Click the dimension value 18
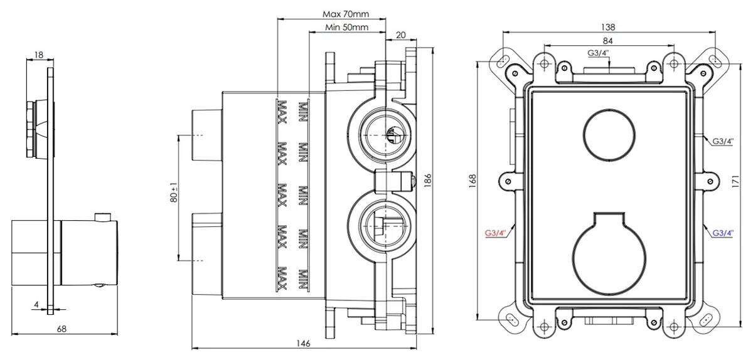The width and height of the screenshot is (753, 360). [39, 55]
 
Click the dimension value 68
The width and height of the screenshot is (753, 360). [61, 328]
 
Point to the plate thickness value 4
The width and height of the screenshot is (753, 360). [37, 305]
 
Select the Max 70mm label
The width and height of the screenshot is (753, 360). [346, 14]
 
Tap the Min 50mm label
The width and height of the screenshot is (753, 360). [347, 27]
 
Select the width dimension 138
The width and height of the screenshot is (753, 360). [607, 27]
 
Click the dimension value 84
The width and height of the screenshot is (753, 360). [607, 41]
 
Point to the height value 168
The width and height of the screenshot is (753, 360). [473, 181]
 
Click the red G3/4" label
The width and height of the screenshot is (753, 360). [495, 233]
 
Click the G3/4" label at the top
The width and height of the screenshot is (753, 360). [598, 53]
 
